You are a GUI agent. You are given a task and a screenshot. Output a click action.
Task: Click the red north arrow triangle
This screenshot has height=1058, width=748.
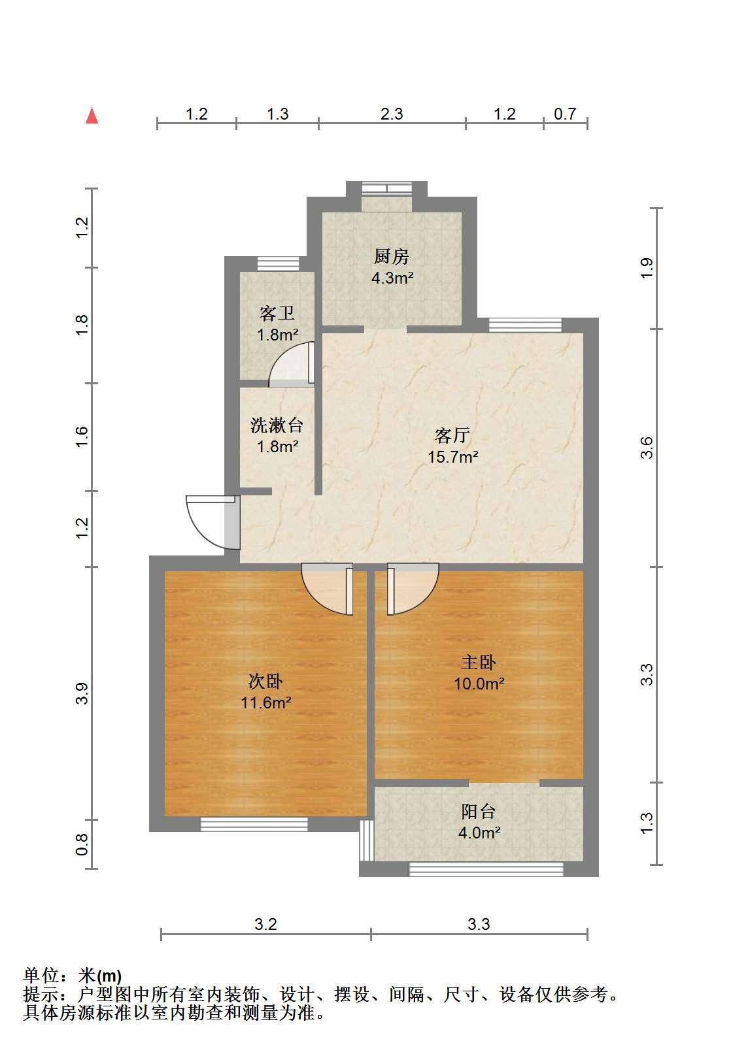click(92, 116)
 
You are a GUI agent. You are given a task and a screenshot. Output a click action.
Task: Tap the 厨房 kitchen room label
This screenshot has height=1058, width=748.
click(391, 256)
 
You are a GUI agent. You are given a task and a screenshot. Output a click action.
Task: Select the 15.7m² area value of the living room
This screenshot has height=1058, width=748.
click(452, 457)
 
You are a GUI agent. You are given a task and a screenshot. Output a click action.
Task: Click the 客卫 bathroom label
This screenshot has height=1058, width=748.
click(277, 313)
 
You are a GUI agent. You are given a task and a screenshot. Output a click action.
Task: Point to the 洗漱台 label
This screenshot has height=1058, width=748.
click(277, 425)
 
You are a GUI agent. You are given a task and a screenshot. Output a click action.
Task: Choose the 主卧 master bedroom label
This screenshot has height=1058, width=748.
click(478, 662)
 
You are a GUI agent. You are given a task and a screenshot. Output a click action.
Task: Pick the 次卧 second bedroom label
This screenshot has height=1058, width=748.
click(265, 681)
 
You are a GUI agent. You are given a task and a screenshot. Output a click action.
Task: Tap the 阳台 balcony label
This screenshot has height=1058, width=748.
click(478, 812)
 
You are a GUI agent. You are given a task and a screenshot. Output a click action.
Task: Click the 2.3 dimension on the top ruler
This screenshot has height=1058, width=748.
click(392, 114)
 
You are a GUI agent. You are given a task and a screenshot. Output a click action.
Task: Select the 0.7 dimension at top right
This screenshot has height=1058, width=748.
click(565, 114)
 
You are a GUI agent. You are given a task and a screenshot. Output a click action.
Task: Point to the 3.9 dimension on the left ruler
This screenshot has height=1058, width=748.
click(82, 693)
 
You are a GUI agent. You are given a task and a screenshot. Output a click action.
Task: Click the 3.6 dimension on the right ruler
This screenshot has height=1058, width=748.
click(647, 447)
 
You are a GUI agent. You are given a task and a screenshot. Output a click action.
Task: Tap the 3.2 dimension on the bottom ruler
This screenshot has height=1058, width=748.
click(265, 924)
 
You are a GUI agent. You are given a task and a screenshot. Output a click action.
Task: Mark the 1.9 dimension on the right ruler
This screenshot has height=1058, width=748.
click(647, 268)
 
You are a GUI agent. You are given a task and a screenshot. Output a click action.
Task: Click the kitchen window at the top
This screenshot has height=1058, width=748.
click(387, 189)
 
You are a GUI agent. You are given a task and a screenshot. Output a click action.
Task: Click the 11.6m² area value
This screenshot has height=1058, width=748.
click(265, 703)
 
